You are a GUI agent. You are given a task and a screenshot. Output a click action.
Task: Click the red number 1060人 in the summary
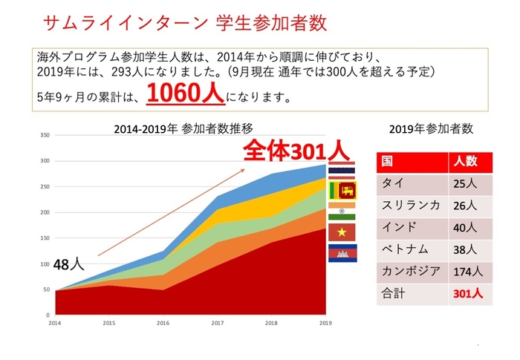pyautogui.click(x=184, y=94)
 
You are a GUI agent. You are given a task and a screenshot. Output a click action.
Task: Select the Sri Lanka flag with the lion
pyautogui.click(x=343, y=190)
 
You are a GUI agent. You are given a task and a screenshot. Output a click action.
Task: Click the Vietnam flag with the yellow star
pyautogui.click(x=342, y=232)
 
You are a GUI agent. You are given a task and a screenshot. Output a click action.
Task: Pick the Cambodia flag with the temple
pyautogui.click(x=342, y=253)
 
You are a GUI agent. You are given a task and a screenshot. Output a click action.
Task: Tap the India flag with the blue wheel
pyautogui.click(x=342, y=211)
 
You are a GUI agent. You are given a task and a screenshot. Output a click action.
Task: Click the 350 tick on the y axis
pyautogui.click(x=45, y=135)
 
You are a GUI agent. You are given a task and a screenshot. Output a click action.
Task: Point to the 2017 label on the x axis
pyautogui.click(x=218, y=323)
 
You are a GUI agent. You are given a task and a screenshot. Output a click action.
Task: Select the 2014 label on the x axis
pyautogui.click(x=55, y=323)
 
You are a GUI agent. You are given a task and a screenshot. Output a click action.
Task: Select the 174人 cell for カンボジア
pyautogui.click(x=466, y=272)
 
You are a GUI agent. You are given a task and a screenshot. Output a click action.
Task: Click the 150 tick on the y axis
pyautogui.click(x=45, y=238)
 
